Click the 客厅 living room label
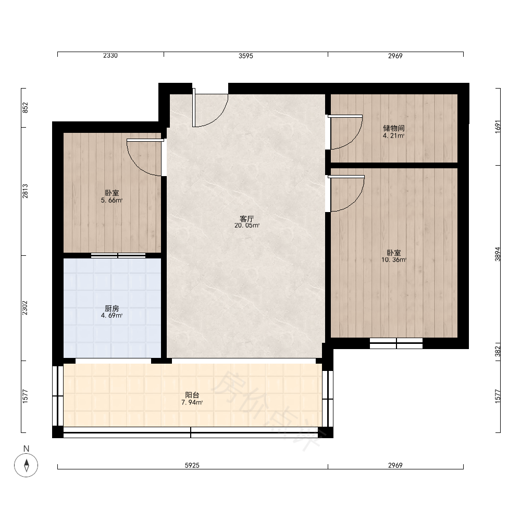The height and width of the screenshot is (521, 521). pyautogui.click(x=246, y=219)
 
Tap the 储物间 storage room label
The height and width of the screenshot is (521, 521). pyautogui.click(x=394, y=128)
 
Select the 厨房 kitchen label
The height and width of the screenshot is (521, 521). pyautogui.click(x=111, y=308)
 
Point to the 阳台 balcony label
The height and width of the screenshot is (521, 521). pyautogui.click(x=192, y=395)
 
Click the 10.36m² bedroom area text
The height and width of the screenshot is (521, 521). pyautogui.click(x=394, y=260)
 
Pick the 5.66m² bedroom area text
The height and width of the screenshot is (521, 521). pyautogui.click(x=111, y=201)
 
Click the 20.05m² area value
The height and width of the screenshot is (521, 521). pyautogui.click(x=247, y=225)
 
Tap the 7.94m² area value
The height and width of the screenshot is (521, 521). pyautogui.click(x=192, y=402)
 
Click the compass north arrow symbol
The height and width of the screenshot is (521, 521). pyautogui.click(x=26, y=465)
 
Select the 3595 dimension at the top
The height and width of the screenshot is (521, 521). pyautogui.click(x=246, y=56)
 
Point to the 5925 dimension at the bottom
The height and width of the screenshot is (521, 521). pyautogui.click(x=192, y=465)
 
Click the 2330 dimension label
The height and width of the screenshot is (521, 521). pyautogui.click(x=110, y=56)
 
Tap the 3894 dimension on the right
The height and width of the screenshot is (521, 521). pyautogui.click(x=498, y=254)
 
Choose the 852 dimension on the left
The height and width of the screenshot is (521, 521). pyautogui.click(x=25, y=108)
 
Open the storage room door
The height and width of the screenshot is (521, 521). pyautogui.click(x=345, y=132)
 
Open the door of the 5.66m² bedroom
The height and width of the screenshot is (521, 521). pyautogui.click(x=145, y=157)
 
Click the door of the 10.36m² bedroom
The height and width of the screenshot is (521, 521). pyautogui.click(x=346, y=193)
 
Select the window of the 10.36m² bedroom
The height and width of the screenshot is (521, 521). pyautogui.click(x=396, y=343)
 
